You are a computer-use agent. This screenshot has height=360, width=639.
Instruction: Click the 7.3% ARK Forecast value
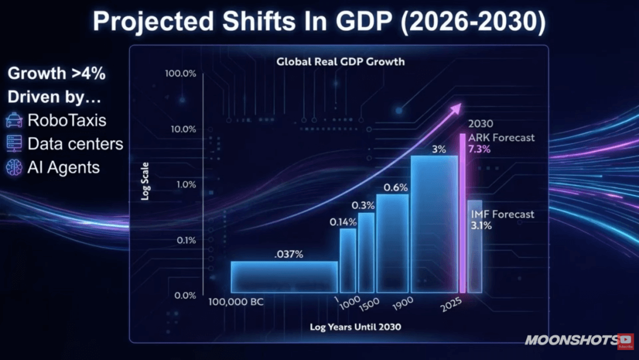(479, 149)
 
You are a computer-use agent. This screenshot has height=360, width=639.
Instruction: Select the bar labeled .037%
(284, 277)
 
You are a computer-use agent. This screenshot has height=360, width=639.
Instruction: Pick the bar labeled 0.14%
(348, 261)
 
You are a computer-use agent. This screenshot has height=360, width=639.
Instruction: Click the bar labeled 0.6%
(392, 243)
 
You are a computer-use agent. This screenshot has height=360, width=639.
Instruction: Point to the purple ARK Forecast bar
(463, 213)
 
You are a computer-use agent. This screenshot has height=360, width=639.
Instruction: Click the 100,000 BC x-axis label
(236, 303)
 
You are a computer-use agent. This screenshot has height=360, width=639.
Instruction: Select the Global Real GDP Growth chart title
(340, 62)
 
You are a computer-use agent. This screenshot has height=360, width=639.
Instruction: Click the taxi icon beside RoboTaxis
(14, 121)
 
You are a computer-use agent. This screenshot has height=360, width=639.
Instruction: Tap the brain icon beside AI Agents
(14, 168)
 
